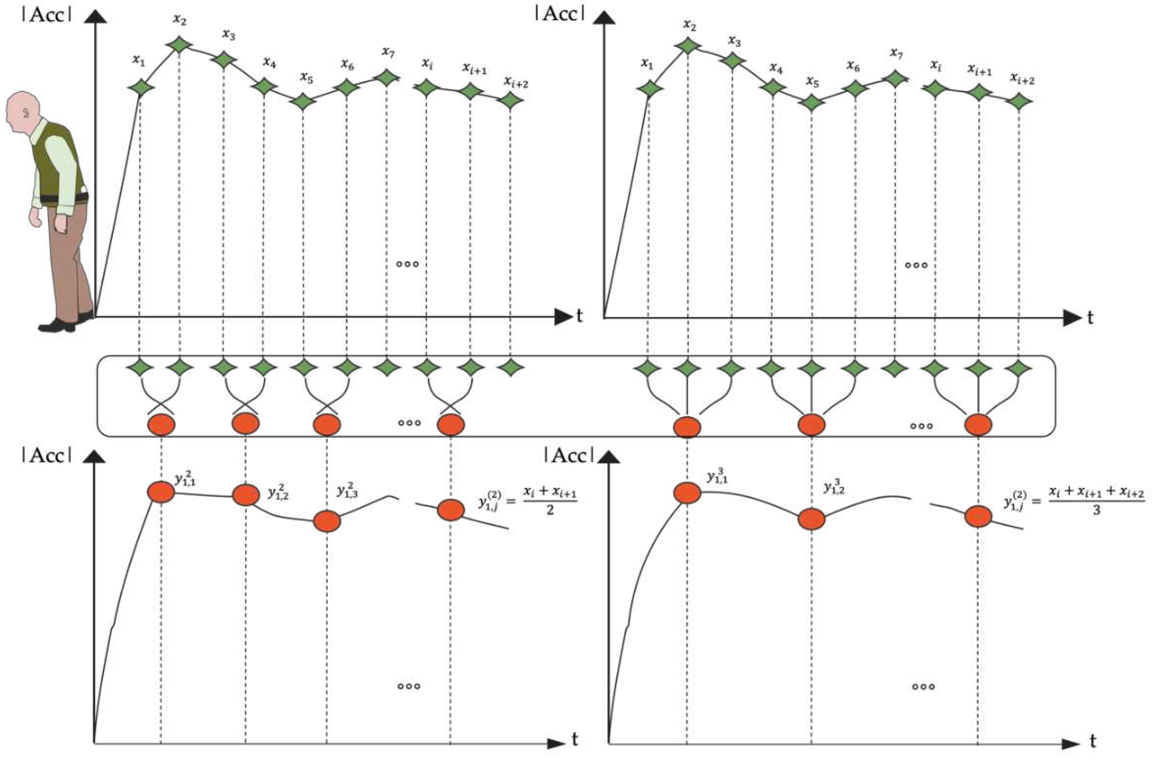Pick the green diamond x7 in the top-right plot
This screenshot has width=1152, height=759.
895,78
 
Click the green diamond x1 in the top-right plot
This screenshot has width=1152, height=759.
648,89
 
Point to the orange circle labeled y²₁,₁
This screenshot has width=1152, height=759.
161,492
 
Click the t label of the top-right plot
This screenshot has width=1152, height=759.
1090,318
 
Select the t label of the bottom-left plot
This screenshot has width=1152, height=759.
575,740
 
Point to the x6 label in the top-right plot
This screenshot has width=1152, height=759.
853,66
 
